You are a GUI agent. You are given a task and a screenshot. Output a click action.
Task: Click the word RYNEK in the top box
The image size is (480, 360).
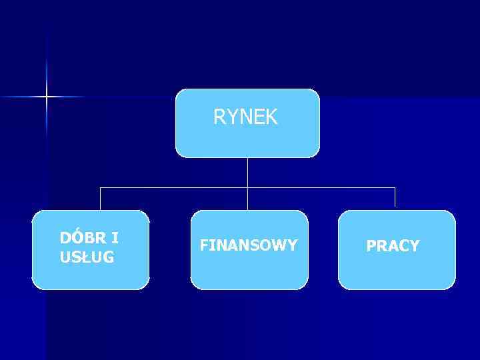[x=245, y=118]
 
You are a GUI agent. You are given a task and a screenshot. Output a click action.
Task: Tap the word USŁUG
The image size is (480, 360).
[x=87, y=257]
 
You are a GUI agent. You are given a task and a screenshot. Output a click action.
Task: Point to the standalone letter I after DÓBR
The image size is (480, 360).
[x=115, y=238]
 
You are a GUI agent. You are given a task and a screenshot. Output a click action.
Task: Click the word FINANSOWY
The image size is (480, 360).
[x=249, y=246]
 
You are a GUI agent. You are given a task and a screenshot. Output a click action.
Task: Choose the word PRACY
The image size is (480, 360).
[x=393, y=246]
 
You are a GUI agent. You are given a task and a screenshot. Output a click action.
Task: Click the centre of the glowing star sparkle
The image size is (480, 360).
[x=47, y=97]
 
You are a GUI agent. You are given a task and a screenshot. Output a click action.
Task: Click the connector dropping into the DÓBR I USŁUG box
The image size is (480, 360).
[x=101, y=199]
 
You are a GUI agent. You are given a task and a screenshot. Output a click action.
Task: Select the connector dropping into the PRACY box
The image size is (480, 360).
[x=395, y=199]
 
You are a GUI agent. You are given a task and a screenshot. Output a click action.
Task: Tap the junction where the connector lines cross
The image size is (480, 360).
[x=247, y=188]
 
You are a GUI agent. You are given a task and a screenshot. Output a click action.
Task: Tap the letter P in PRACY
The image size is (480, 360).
[x=371, y=246]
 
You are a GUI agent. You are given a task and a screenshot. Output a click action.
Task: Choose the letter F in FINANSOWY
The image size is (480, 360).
[x=203, y=246]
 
